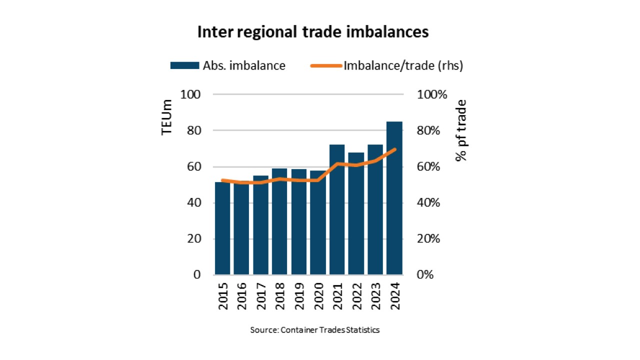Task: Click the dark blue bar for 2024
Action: pyautogui.click(x=394, y=198)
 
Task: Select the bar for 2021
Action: pyautogui.click(x=337, y=209)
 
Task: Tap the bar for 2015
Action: pyautogui.click(x=222, y=228)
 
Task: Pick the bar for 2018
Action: pyautogui.click(x=279, y=221)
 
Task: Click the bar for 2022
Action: pyautogui.click(x=356, y=213)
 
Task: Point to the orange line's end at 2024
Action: pyautogui.click(x=395, y=149)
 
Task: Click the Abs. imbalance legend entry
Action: pyautogui.click(x=227, y=65)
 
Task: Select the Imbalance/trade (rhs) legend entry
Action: pyautogui.click(x=386, y=65)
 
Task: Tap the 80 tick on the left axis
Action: pyautogui.click(x=194, y=130)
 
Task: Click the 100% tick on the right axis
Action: pyautogui.click(x=432, y=94)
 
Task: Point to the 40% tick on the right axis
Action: pyautogui.click(x=428, y=203)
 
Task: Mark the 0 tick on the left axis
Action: pyautogui.click(x=197, y=274)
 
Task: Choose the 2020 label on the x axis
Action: pyautogui.click(x=318, y=296)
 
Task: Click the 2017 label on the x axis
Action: pyautogui.click(x=261, y=296)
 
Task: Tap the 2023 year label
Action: pyautogui.click(x=375, y=296)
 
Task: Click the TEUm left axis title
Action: pyautogui.click(x=166, y=117)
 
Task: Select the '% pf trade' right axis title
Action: pyautogui.click(x=461, y=130)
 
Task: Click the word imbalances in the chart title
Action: pyautogui.click(x=387, y=31)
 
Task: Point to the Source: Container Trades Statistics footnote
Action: pyautogui.click(x=315, y=330)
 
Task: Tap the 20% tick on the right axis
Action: pyautogui.click(x=428, y=238)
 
